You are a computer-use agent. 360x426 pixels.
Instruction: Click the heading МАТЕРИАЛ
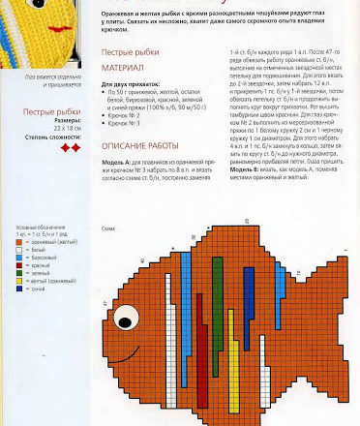click(x=122, y=70)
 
